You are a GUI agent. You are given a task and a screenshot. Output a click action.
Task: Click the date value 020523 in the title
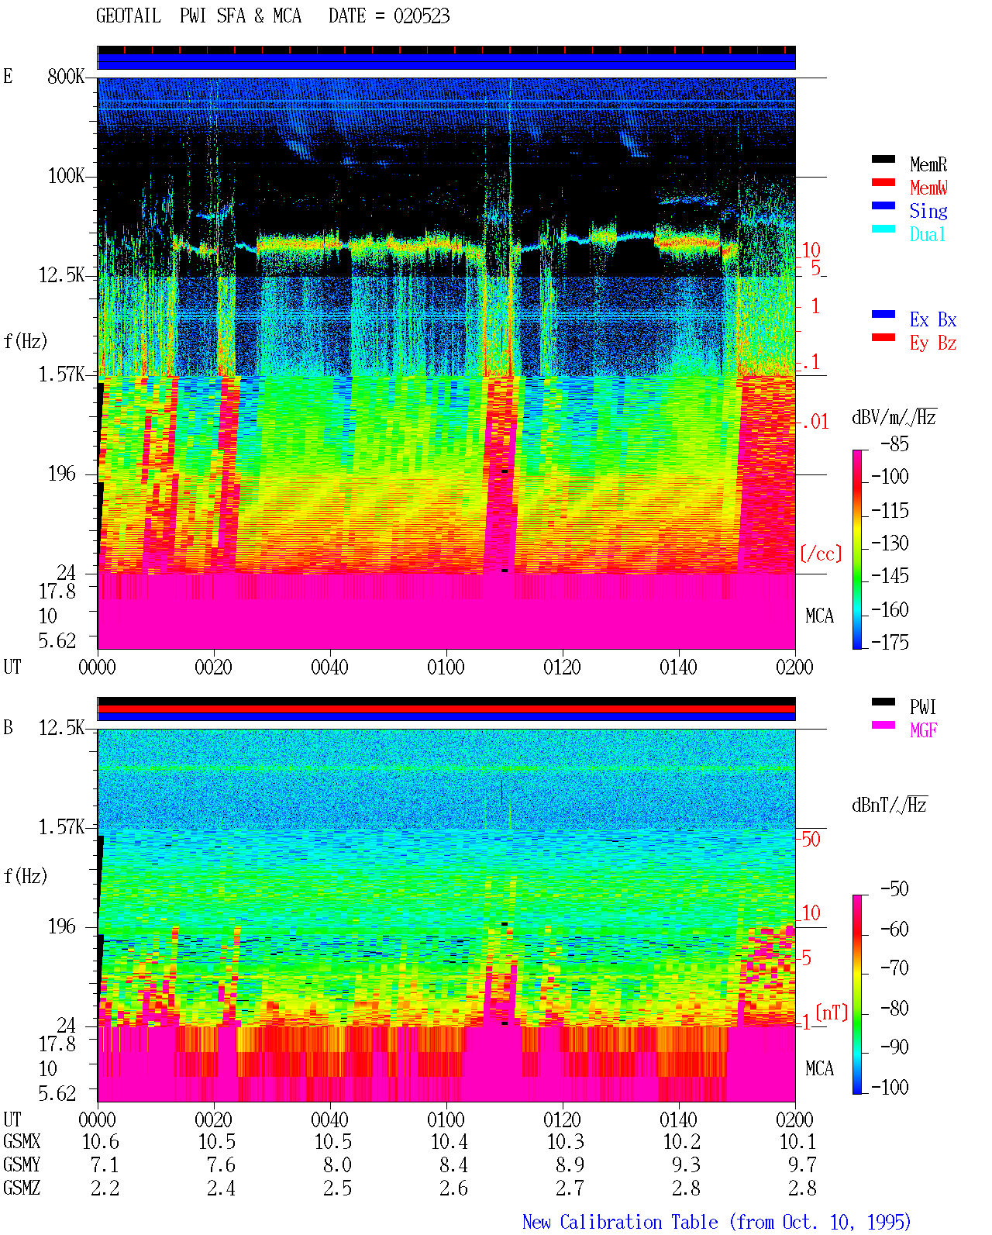pos(422,16)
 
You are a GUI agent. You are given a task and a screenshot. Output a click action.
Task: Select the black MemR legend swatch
pos(883,160)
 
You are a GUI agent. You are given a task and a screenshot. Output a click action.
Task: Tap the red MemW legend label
pos(928,188)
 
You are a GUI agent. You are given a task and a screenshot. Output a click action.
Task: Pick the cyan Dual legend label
pos(927,234)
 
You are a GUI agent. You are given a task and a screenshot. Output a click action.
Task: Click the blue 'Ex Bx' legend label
pos(933,319)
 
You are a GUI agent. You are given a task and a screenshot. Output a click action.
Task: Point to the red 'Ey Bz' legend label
pos(933,343)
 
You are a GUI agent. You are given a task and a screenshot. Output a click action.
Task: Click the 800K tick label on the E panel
pos(66,76)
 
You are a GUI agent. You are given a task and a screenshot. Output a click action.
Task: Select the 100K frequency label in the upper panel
pos(66,176)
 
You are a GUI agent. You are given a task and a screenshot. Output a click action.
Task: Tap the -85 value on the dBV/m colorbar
pos(894,443)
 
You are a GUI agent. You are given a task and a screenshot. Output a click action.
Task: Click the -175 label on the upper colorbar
pos(890,642)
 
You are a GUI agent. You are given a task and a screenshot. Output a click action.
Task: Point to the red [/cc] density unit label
pos(821,554)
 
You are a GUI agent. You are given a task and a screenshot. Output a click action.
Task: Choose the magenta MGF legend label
pos(923,730)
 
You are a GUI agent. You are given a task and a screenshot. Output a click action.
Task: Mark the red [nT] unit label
pos(832,1012)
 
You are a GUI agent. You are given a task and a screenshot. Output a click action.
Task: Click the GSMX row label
pos(22,1141)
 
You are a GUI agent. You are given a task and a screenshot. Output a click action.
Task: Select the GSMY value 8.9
pos(570,1165)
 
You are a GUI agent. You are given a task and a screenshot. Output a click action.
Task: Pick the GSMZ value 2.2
pos(105,1188)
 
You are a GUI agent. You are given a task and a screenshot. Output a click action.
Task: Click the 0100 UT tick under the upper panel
pos(446,668)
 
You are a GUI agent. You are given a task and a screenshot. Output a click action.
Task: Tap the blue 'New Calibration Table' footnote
pos(620,1223)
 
